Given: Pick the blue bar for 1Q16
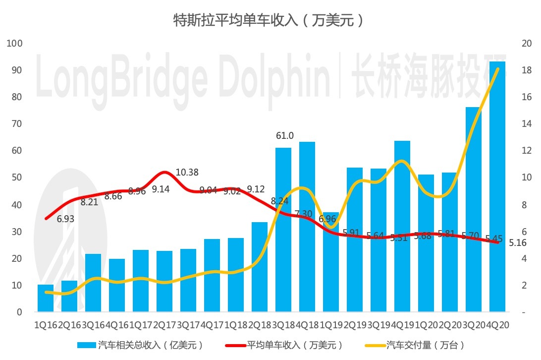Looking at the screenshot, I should (46, 299).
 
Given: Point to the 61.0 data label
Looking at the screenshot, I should (284, 136).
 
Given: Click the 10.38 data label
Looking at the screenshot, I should (187, 173).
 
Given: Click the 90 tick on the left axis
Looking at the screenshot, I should (17, 70).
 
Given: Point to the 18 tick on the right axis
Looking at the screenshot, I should (527, 70).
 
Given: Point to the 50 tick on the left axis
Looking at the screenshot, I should (17, 178).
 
